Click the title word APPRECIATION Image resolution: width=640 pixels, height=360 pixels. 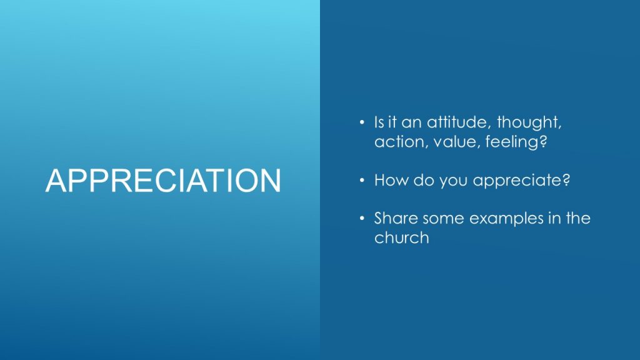(163, 180)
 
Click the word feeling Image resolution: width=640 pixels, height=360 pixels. (512, 142)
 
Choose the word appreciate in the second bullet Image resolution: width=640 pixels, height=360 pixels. (517, 181)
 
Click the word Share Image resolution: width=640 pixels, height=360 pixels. (396, 218)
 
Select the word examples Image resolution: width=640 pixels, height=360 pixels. (506, 219)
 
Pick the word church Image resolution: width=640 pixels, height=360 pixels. (402, 237)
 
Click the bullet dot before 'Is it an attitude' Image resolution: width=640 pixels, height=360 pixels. (362, 122)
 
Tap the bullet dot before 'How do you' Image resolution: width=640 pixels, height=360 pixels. (362, 180)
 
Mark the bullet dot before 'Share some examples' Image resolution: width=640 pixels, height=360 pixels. (362, 218)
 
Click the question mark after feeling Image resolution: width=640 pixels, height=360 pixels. (543, 142)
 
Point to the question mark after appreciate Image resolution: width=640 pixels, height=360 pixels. (566, 180)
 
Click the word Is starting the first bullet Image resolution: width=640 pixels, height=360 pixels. (379, 122)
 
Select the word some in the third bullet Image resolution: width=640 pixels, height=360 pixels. (444, 219)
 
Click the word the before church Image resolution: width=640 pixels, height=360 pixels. (578, 218)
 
